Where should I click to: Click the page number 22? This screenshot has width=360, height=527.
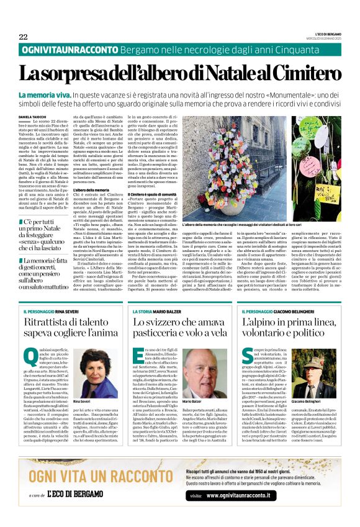[x=23, y=37]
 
